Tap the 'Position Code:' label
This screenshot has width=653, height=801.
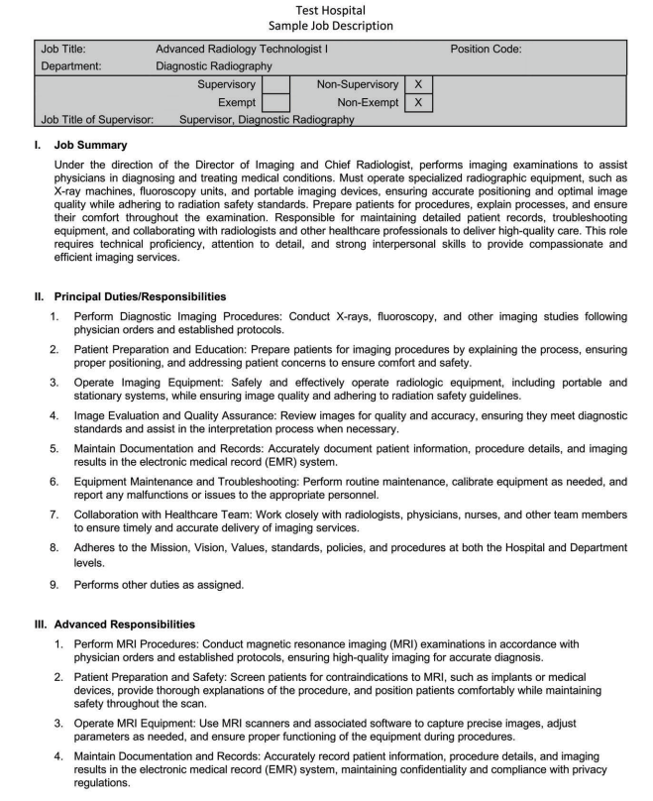pos(486,49)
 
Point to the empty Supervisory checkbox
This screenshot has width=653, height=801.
pos(276,85)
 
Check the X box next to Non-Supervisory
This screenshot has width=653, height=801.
pos(418,85)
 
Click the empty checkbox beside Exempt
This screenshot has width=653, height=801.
pos(276,102)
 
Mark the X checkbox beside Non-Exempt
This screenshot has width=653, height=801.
pos(418,102)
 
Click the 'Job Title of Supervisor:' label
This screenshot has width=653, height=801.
pos(97,120)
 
